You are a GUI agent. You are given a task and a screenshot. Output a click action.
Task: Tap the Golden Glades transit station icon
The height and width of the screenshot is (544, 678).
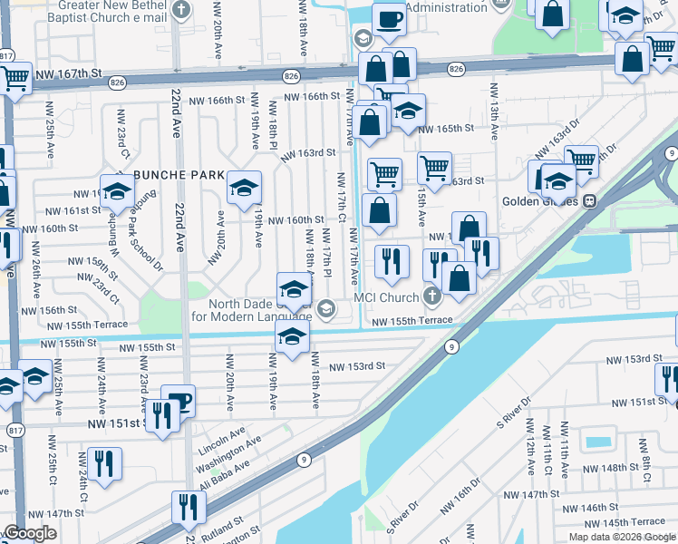click(589, 200)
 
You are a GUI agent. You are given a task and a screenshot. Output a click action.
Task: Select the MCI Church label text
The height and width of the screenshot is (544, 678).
click(385, 297)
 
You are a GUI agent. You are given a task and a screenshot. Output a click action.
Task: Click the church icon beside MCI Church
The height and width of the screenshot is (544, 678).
click(432, 296)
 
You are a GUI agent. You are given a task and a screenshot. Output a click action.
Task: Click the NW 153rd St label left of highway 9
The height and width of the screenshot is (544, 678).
click(357, 366)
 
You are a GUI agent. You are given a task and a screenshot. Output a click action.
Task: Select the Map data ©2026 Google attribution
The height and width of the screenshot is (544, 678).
click(622, 537)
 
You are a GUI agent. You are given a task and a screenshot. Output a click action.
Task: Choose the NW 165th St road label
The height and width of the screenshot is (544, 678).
click(446, 129)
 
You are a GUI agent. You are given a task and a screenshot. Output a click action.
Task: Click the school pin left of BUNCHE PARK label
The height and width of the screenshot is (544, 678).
click(117, 191)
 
